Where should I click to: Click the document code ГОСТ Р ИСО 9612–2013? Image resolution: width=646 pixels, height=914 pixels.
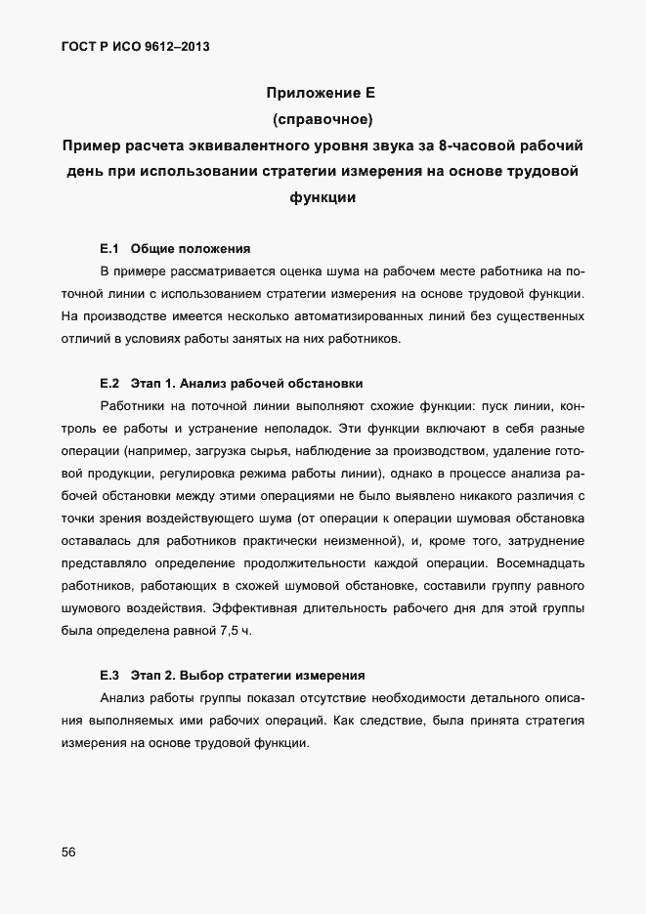135,46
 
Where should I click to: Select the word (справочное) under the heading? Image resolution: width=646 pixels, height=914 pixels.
322,120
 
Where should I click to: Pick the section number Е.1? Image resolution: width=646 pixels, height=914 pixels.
108,248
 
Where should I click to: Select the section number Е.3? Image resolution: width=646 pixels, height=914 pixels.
108,675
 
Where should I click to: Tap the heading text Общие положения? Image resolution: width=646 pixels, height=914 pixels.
191,248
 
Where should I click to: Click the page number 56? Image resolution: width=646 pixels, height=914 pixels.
68,852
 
